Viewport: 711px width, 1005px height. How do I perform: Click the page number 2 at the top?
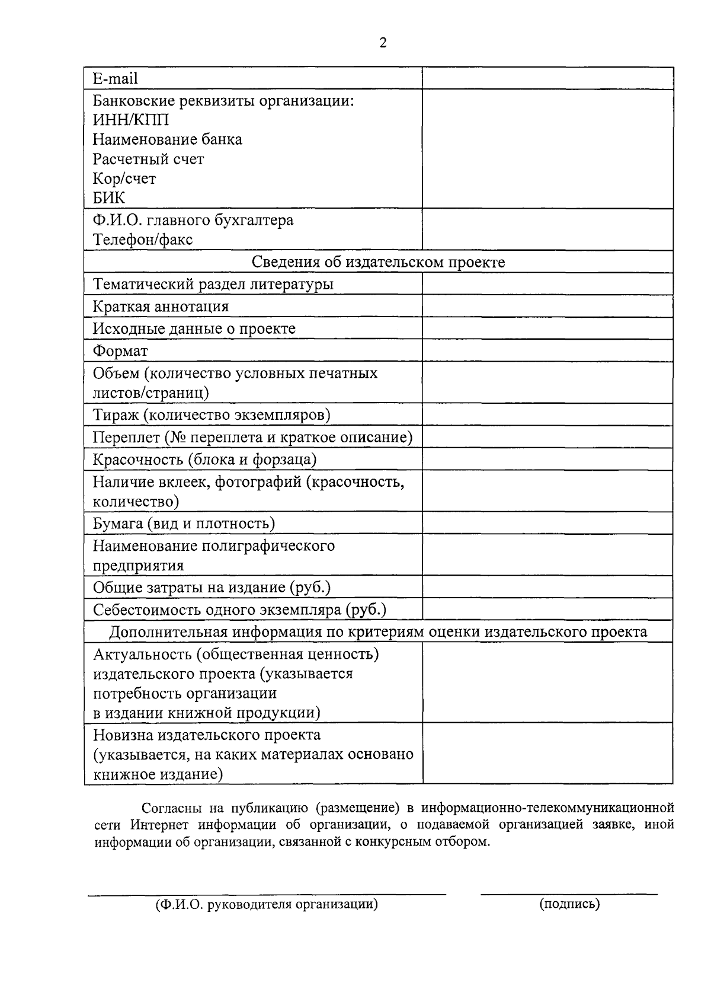click(x=383, y=43)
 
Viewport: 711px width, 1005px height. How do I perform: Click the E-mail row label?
click(x=116, y=79)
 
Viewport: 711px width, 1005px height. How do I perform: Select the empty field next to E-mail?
click(x=547, y=78)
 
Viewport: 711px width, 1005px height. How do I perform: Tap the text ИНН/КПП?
click(x=131, y=120)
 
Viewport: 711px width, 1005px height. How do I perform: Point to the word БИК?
click(x=109, y=198)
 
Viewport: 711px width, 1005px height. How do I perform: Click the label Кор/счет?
click(x=124, y=178)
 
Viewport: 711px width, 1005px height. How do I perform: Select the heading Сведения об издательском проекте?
click(x=378, y=262)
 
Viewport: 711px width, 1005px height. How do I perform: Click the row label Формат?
click(x=120, y=351)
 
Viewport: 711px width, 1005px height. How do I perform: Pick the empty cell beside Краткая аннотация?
click(x=547, y=307)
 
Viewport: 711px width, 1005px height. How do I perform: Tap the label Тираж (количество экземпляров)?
click(x=212, y=415)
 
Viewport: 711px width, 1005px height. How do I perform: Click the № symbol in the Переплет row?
click(x=175, y=438)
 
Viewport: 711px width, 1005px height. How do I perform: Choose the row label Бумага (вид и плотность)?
click(x=184, y=524)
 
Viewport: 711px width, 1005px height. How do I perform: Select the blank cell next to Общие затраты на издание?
click(x=547, y=587)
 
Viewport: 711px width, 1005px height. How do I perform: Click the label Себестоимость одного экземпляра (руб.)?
click(x=239, y=610)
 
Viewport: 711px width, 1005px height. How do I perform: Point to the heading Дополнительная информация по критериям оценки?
click(x=378, y=632)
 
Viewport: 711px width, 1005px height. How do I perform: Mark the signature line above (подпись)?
click(x=569, y=894)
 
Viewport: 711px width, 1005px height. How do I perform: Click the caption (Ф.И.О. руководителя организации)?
click(x=267, y=905)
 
